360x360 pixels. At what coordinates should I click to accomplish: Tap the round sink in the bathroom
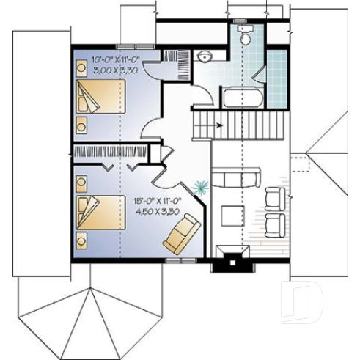[205, 56]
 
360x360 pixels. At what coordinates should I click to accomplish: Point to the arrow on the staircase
[218, 125]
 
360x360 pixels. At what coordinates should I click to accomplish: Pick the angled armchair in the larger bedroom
[180, 233]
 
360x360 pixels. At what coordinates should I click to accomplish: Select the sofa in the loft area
[236, 177]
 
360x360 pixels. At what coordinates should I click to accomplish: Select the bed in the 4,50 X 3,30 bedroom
[100, 212]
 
